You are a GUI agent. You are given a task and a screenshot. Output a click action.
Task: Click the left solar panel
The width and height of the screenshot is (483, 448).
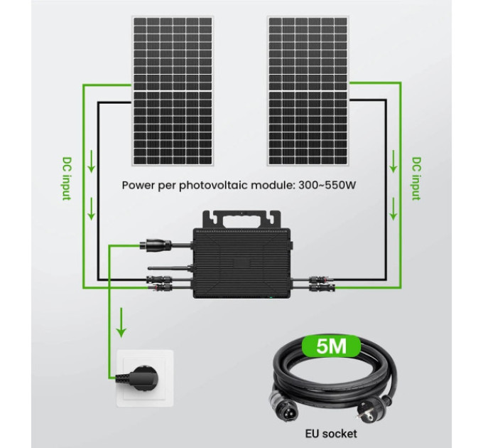tap(173, 91)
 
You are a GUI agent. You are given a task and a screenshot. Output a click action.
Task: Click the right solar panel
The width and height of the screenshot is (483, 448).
tap(308, 91)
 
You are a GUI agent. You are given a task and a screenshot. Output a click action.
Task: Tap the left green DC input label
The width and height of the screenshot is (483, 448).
tap(67, 178)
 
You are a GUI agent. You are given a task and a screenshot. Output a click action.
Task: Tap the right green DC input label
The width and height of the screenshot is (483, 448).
tap(416, 178)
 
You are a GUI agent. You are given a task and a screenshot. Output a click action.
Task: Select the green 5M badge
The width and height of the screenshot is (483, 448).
tap(332, 346)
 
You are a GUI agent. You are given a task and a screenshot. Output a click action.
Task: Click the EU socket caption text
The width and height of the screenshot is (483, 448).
tap(331, 433)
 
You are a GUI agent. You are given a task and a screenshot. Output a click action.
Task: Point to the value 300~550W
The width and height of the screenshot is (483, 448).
tap(327, 186)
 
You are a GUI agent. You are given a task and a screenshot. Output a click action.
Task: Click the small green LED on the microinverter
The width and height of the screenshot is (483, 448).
tap(271, 297)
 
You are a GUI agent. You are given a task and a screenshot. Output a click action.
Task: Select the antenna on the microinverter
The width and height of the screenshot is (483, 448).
tap(170, 267)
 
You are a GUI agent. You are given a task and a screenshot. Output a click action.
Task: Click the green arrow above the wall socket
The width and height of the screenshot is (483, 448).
tap(121, 322)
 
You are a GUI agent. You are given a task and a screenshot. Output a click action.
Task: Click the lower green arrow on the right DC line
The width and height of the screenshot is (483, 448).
tap(393, 209)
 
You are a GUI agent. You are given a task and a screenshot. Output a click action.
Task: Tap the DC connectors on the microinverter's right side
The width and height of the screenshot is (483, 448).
tap(322, 284)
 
